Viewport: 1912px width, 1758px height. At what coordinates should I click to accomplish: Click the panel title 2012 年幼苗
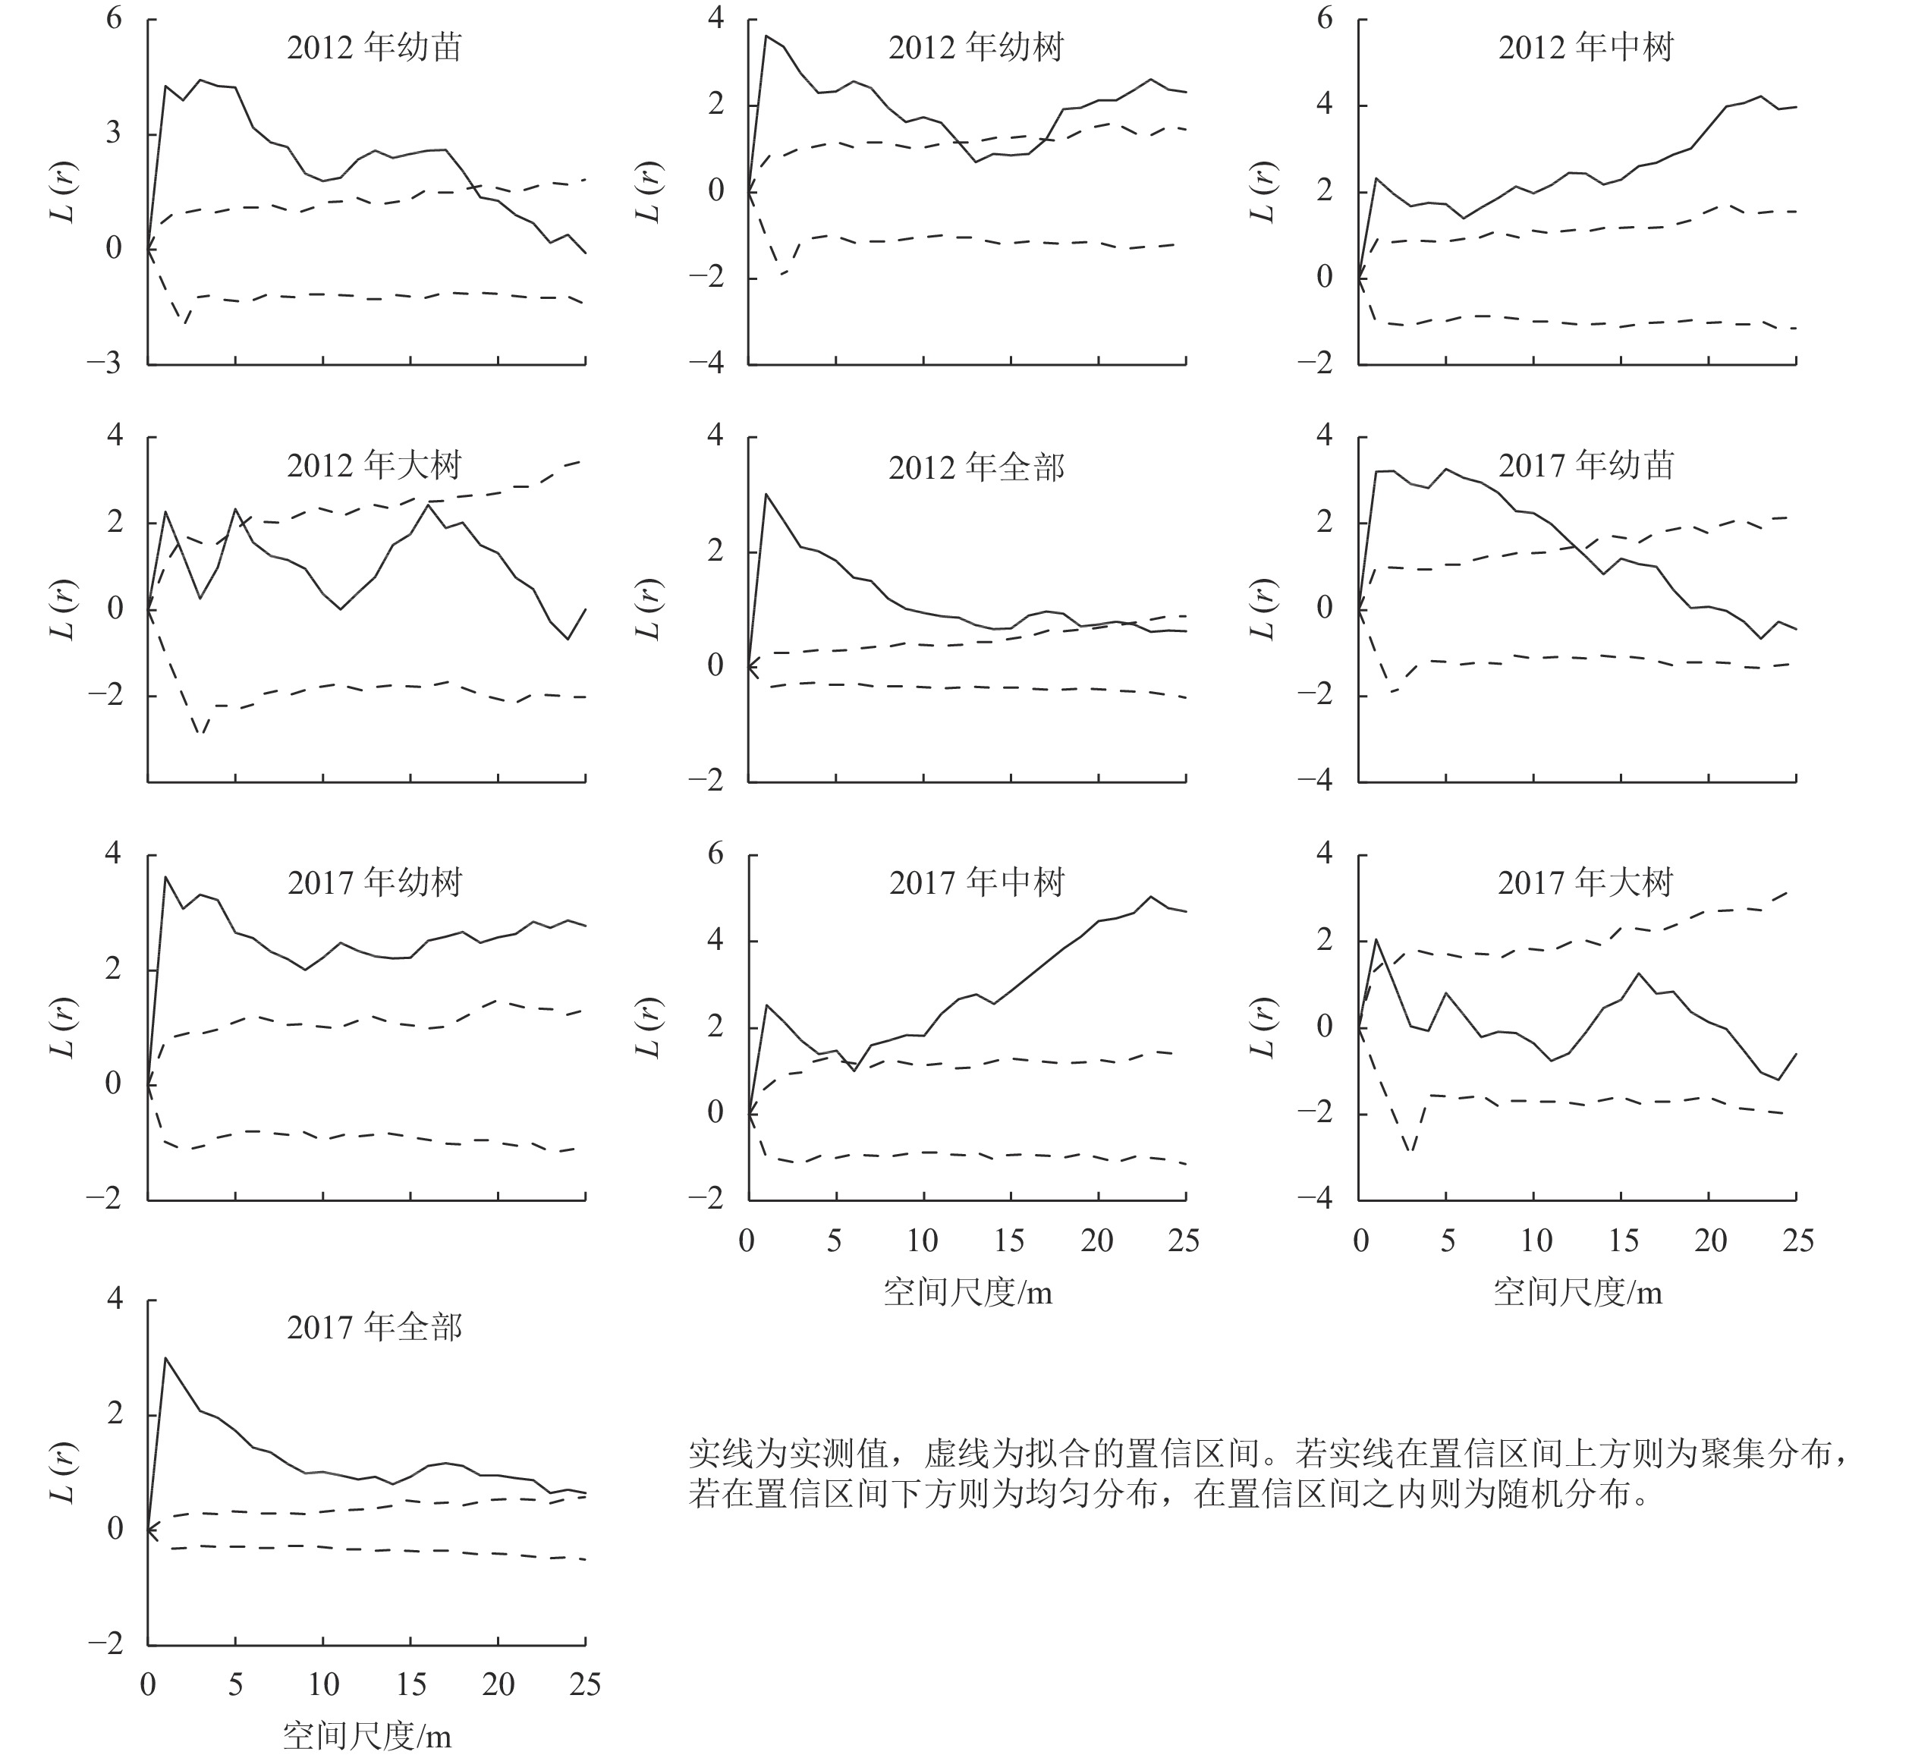pyautogui.click(x=374, y=48)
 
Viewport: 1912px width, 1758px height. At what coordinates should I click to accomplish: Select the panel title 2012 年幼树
pyautogui.click(x=975, y=48)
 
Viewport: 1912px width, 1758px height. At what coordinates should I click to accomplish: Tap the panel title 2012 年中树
pyautogui.click(x=1585, y=48)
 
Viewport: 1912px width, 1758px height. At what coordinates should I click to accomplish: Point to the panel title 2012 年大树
pyautogui.click(x=374, y=465)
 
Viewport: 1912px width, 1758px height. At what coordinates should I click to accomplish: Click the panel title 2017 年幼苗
pyautogui.click(x=1585, y=465)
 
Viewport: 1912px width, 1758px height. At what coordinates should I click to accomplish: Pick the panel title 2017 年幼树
pyautogui.click(x=374, y=883)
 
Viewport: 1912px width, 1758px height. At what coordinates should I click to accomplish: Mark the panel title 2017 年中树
pyautogui.click(x=975, y=883)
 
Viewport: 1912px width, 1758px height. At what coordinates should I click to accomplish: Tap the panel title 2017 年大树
pyautogui.click(x=1585, y=883)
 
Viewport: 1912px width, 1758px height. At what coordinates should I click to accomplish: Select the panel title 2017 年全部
pyautogui.click(x=374, y=1327)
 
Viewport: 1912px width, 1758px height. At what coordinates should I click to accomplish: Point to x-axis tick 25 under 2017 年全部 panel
pyautogui.click(x=585, y=1684)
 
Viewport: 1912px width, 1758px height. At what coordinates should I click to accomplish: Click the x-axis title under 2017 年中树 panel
pyautogui.click(x=967, y=1292)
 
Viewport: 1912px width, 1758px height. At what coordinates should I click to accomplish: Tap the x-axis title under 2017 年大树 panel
pyautogui.click(x=1577, y=1292)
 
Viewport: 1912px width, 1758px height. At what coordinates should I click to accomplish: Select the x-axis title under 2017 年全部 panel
pyautogui.click(x=366, y=1737)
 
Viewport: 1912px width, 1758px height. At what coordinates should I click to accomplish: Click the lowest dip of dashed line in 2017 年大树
pyautogui.click(x=1410, y=1152)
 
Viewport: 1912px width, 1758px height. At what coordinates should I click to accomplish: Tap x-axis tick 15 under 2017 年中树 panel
pyautogui.click(x=1009, y=1241)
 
